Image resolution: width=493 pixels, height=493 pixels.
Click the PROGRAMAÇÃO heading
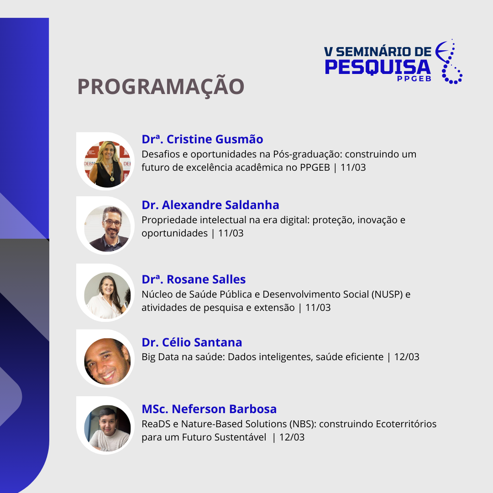coord(161,86)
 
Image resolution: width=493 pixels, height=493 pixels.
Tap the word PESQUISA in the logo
coord(378,67)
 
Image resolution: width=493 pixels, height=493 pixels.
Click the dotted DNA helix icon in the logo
coord(449,62)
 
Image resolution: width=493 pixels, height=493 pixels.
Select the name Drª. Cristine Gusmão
coord(202,139)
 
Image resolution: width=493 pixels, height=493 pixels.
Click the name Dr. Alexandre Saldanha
coord(210,205)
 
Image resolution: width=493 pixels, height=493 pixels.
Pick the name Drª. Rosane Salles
coord(194,279)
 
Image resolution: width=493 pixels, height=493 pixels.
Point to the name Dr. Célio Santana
coord(192,342)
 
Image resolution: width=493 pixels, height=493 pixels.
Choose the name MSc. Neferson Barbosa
coord(209,409)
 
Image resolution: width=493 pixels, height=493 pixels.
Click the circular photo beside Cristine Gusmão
coord(107,164)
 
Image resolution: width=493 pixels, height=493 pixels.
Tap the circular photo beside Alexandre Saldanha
coord(107,229)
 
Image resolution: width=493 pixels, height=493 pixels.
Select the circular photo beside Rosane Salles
coord(107,295)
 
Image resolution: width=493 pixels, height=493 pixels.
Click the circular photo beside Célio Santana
coord(107,361)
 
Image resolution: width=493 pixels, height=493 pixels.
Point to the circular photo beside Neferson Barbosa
coord(107,428)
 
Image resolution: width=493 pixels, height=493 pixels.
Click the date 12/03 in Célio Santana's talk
coord(407,357)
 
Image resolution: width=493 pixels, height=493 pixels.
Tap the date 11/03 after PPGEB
coord(353,167)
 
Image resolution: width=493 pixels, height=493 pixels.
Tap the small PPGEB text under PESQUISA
coord(414,79)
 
